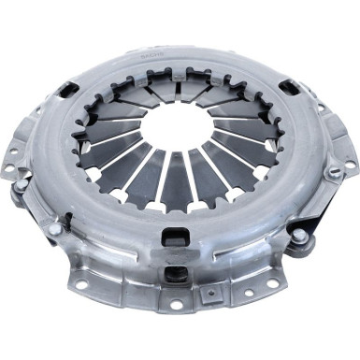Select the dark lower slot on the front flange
pos(175,274)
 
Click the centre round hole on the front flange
pos(175,306)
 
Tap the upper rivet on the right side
pos(333,173)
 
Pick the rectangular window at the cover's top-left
pos(67,90)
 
